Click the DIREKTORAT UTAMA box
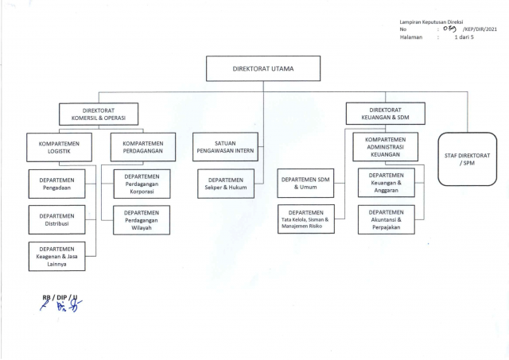(263, 68)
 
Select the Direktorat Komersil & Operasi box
(99, 114)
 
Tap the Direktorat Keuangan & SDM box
(385, 114)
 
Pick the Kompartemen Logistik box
(59, 147)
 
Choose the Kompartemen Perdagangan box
(143, 147)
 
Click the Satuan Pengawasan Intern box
(225, 146)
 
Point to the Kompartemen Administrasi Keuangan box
(385, 146)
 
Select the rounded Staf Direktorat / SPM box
(467, 159)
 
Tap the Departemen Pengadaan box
(56, 184)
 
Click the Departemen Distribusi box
(56, 219)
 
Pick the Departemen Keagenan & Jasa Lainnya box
(56, 256)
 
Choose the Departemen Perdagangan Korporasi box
(142, 184)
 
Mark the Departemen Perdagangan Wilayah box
(142, 220)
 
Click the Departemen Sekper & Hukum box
(226, 184)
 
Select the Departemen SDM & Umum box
(305, 183)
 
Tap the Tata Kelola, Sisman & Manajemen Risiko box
(305, 219)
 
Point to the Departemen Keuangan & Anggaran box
(387, 183)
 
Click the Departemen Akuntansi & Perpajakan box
(387, 219)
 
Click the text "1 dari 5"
(464, 37)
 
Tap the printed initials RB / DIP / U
(60, 297)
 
